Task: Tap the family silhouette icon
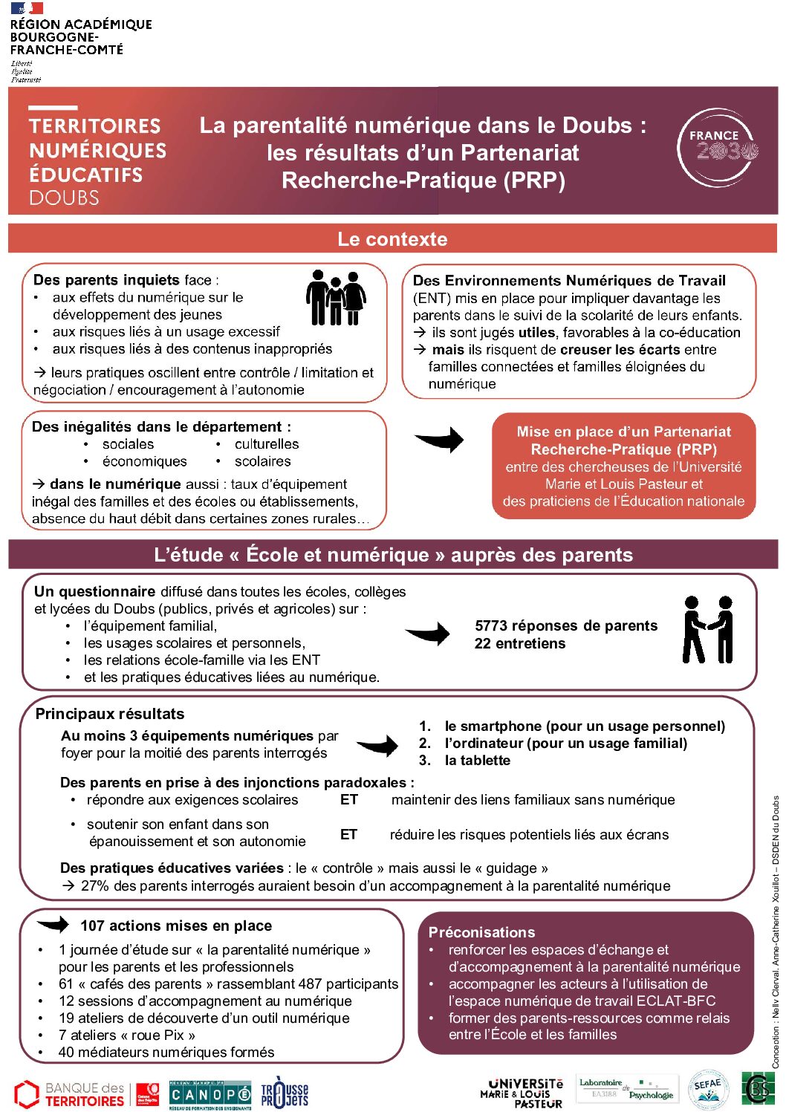click(336, 297)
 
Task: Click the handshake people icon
click(708, 630)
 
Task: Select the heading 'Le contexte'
click(392, 239)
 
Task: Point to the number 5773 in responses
click(491, 625)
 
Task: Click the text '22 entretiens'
click(519, 643)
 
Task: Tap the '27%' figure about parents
click(95, 885)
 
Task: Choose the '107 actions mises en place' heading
click(176, 926)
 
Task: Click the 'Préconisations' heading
click(481, 932)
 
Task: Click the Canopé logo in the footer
click(210, 1095)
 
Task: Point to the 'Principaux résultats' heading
click(110, 714)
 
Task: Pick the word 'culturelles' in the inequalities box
click(267, 443)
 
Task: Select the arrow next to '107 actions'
click(53, 925)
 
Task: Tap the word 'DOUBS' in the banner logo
click(64, 198)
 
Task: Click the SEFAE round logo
click(707, 1090)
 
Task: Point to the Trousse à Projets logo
click(285, 1093)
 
